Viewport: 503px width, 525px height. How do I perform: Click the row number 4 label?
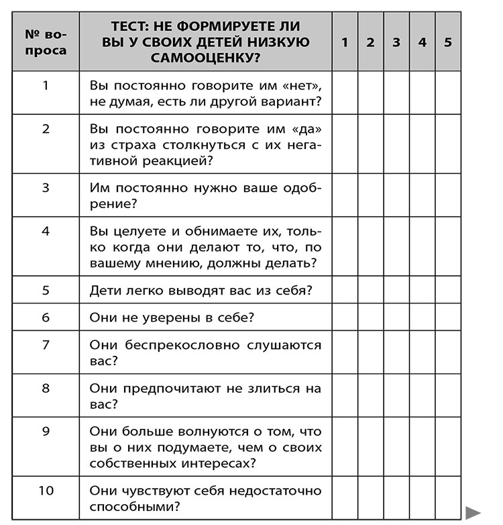pos(46,231)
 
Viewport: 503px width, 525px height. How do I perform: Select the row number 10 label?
pos(46,490)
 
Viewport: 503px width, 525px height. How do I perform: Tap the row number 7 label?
pos(46,345)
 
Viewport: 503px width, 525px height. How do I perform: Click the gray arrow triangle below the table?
pos(473,512)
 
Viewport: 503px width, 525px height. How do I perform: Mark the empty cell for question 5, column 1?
pos(344,291)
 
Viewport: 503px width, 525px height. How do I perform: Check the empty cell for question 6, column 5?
pos(447,317)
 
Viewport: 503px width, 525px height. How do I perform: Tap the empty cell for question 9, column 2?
pos(370,447)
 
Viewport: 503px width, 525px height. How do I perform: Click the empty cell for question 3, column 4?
pos(422,195)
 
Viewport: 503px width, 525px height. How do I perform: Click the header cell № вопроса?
pos(46,42)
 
